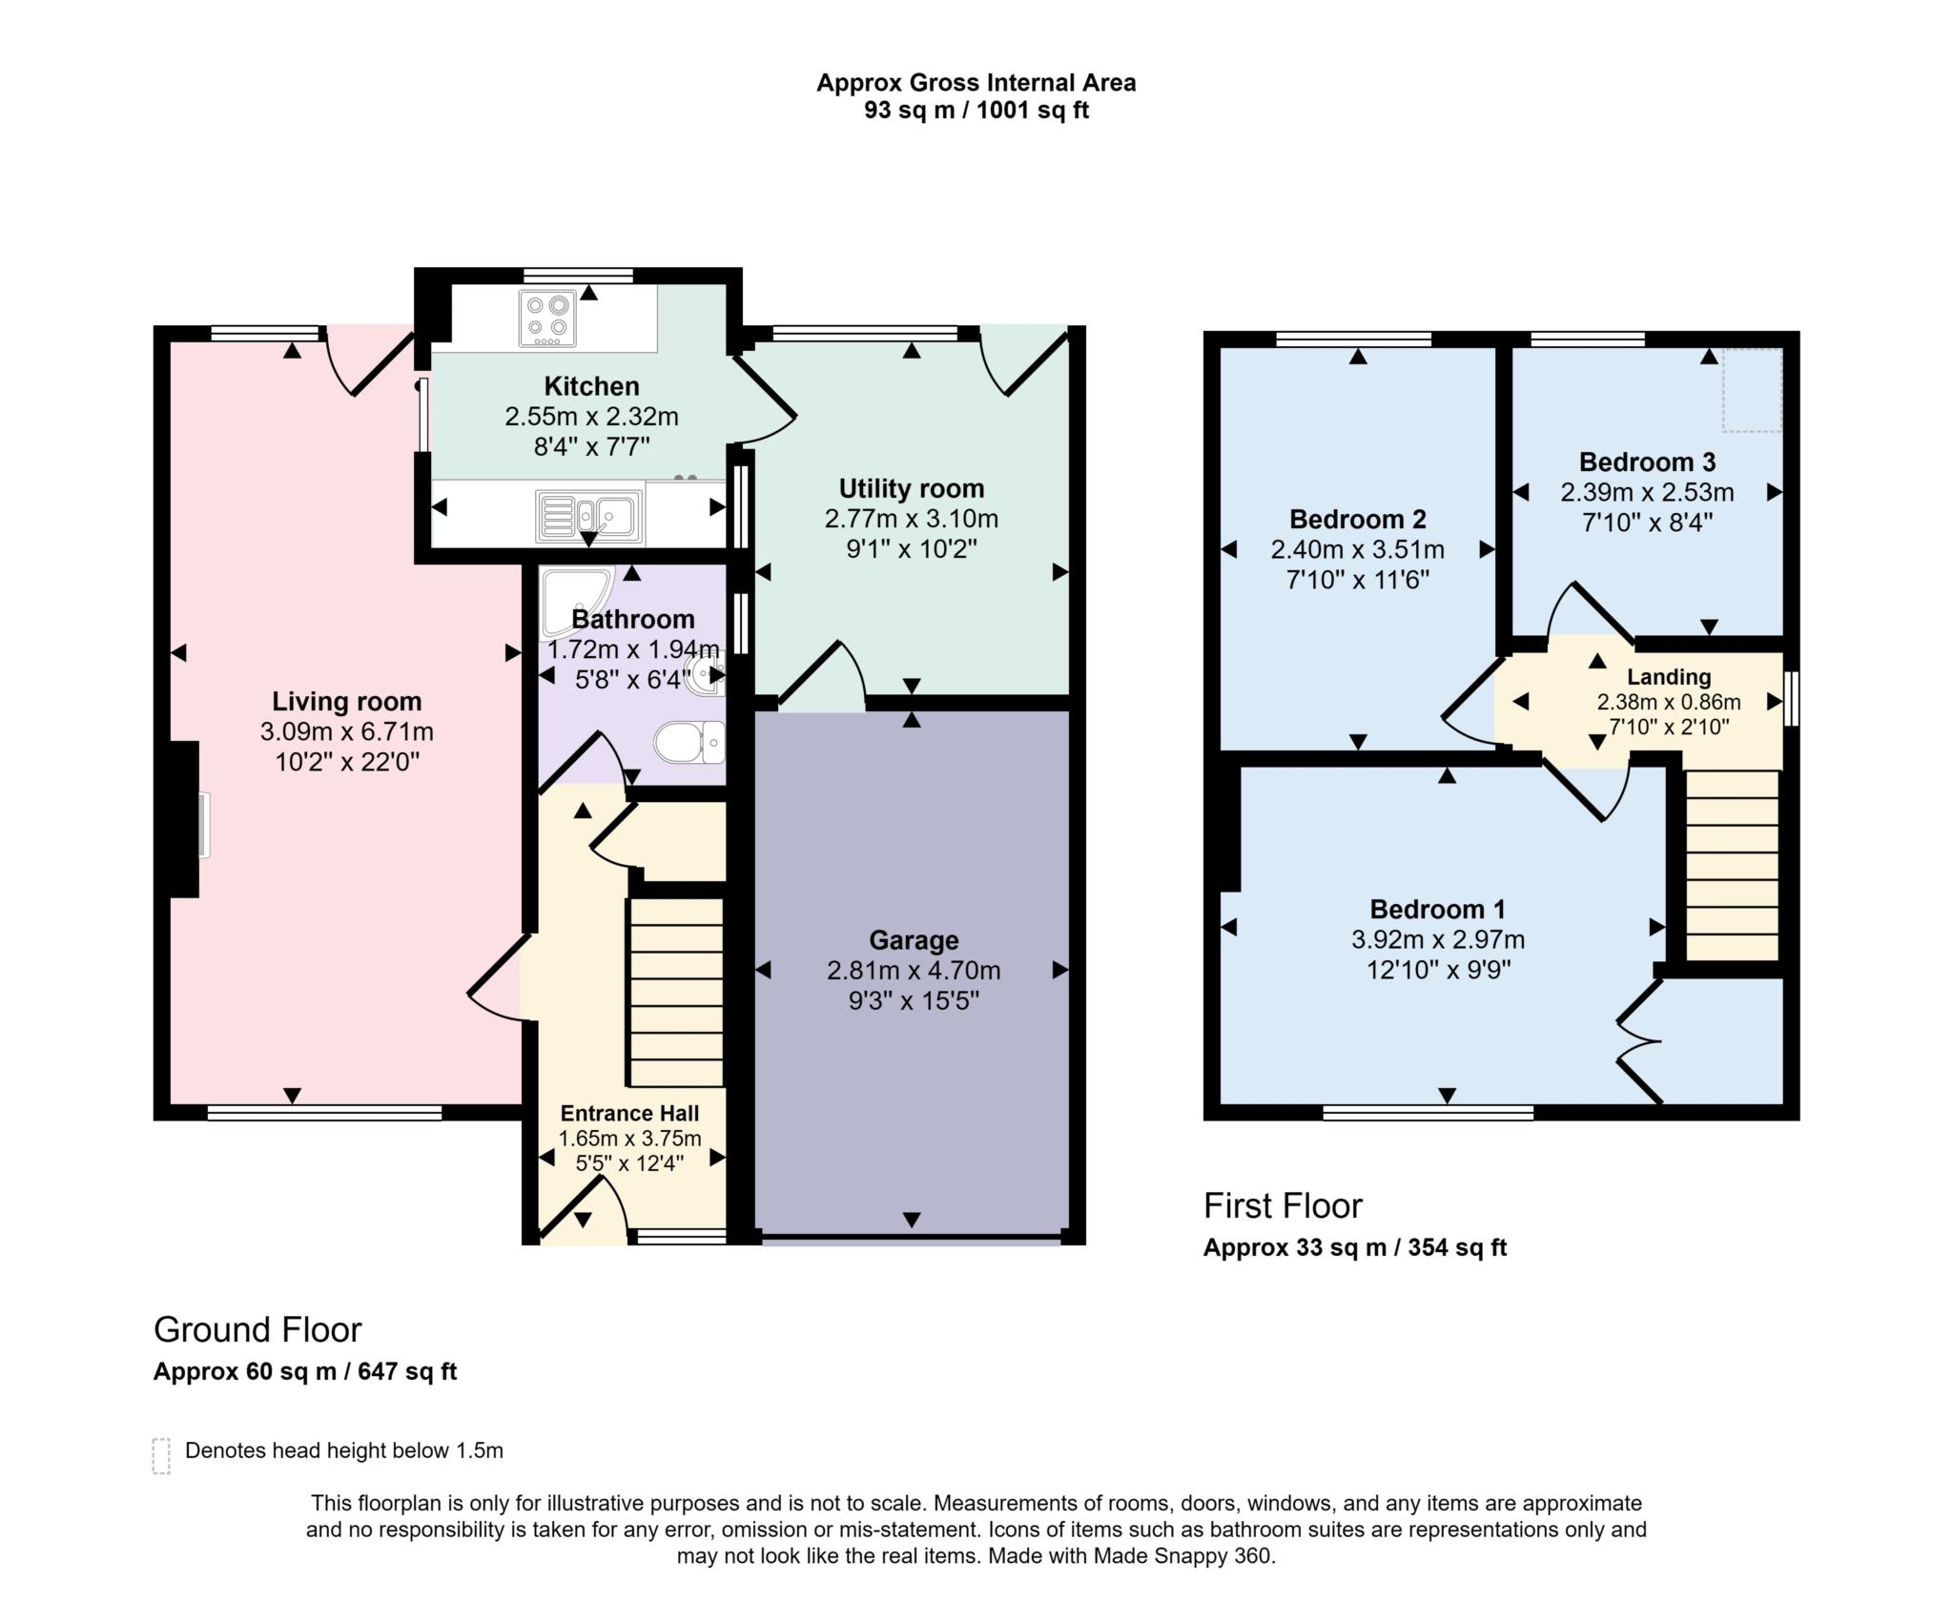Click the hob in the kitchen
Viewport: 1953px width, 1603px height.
coord(547,318)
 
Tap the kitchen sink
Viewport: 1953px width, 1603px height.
coord(589,516)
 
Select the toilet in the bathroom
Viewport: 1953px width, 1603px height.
coord(689,742)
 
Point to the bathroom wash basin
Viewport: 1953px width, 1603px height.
coord(709,673)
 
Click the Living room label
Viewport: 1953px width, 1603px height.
coord(346,702)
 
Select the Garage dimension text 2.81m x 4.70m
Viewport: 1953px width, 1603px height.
coord(913,971)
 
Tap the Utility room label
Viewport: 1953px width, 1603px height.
coord(911,488)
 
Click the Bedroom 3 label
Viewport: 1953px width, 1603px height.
coord(1647,462)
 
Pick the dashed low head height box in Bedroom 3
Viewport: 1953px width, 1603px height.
coord(1752,390)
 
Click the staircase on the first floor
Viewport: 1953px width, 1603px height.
coord(1732,865)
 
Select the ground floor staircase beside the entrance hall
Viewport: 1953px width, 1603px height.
coord(676,992)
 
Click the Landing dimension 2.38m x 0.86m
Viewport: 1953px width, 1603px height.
coord(1668,703)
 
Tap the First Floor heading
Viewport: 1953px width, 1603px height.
coord(1283,1206)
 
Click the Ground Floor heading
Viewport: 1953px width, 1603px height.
coord(257,1329)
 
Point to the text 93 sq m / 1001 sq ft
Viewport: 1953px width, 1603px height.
coord(976,111)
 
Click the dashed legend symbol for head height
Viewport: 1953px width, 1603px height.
coord(161,1456)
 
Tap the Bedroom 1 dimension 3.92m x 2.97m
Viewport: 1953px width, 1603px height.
coord(1437,940)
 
